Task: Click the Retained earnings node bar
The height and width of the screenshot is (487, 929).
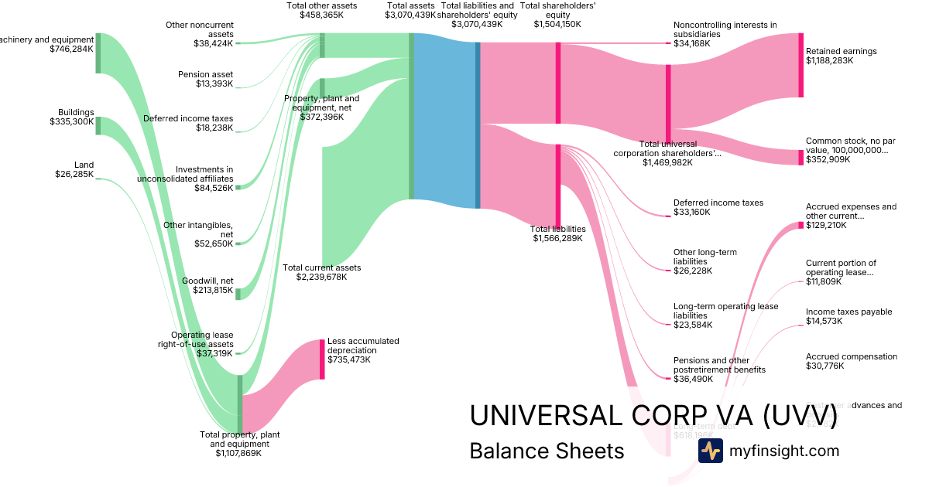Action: (x=800, y=65)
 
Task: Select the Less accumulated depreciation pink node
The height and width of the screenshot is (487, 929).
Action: (x=322, y=359)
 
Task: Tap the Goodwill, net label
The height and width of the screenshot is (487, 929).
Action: (x=207, y=281)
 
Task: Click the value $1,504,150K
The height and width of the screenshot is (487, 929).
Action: (x=557, y=24)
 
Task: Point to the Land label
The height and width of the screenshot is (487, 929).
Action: (x=84, y=165)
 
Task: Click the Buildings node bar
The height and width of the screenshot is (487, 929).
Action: (x=98, y=125)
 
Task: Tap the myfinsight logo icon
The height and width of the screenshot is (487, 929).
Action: (x=710, y=451)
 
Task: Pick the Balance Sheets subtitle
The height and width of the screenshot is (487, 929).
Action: (x=547, y=451)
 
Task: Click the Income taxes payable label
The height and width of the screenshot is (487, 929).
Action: (x=848, y=312)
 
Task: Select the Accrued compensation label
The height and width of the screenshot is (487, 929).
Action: (x=852, y=356)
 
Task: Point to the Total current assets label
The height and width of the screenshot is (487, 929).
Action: (x=322, y=267)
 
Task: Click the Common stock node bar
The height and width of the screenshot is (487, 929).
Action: (x=800, y=158)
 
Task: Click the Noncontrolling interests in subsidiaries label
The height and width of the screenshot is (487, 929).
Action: (x=725, y=29)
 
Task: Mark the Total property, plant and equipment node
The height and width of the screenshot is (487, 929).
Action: (x=240, y=404)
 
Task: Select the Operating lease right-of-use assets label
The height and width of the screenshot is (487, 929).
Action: (x=202, y=339)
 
